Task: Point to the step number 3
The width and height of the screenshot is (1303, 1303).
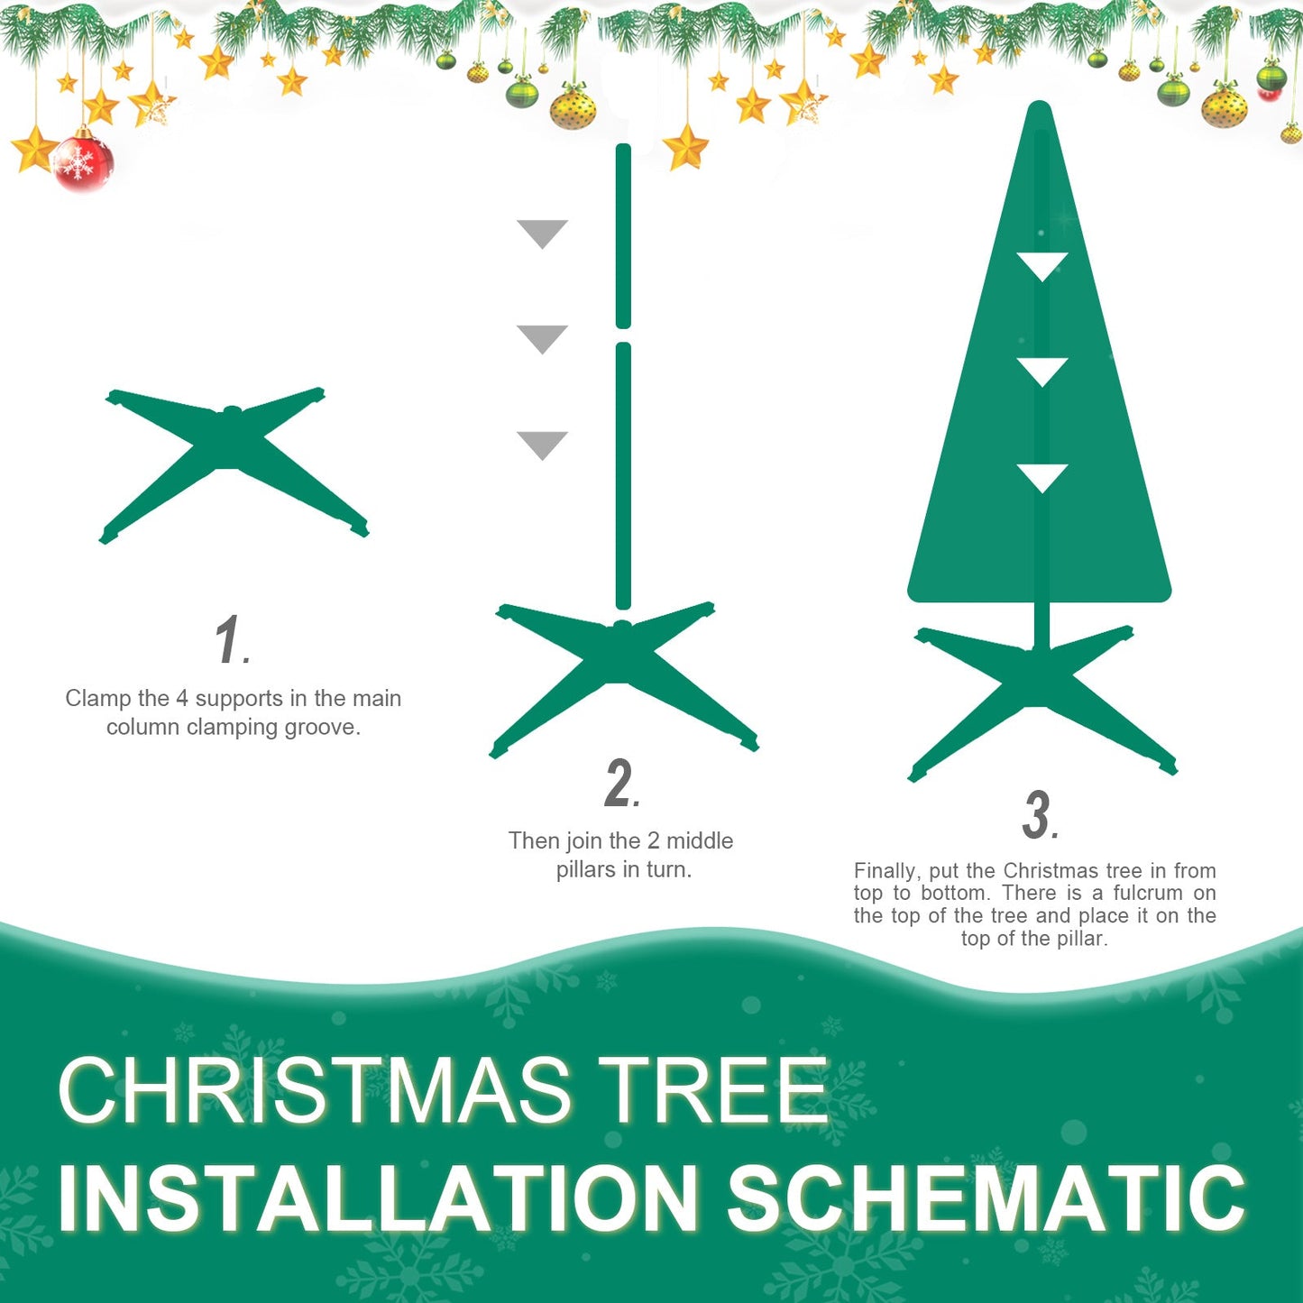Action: pos(1038,815)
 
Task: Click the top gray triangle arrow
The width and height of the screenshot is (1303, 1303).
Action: pos(542,233)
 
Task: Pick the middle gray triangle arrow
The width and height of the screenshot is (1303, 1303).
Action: pos(542,338)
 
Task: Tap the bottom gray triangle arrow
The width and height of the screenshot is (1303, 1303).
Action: pos(542,444)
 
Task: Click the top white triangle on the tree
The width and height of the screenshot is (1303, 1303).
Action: pos(1041,265)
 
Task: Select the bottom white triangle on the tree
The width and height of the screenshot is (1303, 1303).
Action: pos(1041,477)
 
